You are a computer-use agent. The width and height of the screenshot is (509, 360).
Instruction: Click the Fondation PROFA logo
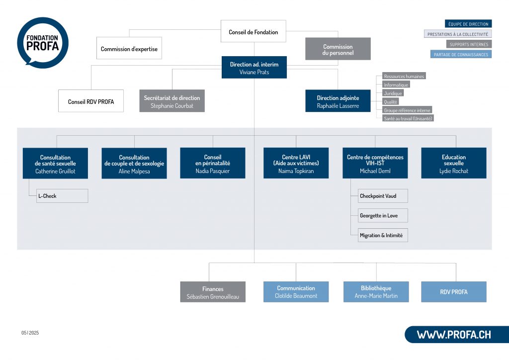click(42, 42)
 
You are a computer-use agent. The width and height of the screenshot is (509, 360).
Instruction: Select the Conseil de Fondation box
click(254, 32)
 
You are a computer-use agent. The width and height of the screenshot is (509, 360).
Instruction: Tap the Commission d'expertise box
click(129, 49)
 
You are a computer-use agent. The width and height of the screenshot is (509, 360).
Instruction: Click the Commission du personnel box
click(338, 50)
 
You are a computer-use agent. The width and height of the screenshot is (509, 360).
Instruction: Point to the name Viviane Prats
click(254, 73)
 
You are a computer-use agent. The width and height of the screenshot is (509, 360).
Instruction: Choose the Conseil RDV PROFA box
click(91, 101)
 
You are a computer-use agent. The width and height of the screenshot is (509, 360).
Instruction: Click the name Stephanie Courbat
click(171, 106)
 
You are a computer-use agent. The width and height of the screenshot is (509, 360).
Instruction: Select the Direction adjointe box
click(338, 101)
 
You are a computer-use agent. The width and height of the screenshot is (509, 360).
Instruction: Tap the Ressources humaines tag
click(404, 77)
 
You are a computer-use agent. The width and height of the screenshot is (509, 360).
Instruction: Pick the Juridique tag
click(393, 93)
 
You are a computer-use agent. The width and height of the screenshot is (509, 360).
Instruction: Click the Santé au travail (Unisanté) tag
click(408, 118)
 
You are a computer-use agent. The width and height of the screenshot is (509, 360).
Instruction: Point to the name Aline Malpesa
click(134, 171)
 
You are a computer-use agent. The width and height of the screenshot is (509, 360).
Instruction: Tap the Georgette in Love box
click(383, 215)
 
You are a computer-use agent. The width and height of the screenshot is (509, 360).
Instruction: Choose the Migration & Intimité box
click(383, 235)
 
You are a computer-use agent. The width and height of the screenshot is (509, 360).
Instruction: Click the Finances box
click(213, 292)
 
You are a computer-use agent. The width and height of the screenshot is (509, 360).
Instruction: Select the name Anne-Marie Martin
click(376, 296)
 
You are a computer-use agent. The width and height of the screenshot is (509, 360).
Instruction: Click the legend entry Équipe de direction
click(468, 24)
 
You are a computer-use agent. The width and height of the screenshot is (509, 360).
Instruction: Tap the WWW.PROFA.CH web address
click(453, 335)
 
